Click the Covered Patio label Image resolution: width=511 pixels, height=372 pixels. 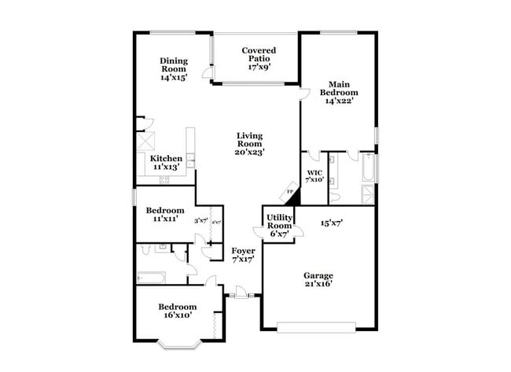(x=258, y=60)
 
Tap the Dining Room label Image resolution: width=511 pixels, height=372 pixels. (x=173, y=64)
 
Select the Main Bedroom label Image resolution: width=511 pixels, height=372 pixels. (x=339, y=92)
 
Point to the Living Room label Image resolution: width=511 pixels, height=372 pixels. (x=249, y=143)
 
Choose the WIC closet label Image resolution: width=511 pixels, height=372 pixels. (x=314, y=175)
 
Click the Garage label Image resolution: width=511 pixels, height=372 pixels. (x=318, y=279)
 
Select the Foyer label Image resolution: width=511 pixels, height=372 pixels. (x=242, y=254)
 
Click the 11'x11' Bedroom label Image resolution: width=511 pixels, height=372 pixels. (x=165, y=214)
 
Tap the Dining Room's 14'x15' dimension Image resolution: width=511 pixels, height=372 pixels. (x=174, y=78)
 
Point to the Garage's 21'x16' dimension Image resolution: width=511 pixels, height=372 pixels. (x=318, y=285)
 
